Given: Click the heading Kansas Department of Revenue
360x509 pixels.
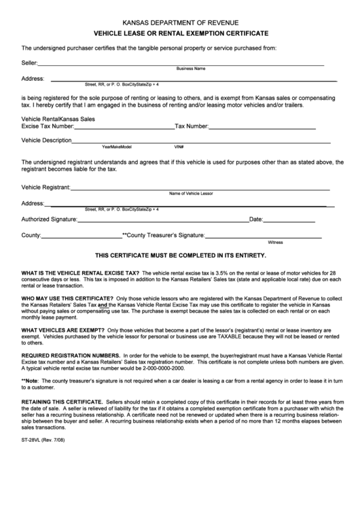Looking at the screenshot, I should pyautogui.click(x=180, y=22).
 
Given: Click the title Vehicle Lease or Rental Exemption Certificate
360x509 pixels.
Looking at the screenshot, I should pyautogui.click(x=180, y=33).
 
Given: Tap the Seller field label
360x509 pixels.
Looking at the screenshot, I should pyautogui.click(x=29, y=63).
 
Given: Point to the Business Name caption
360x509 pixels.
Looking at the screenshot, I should pyautogui.click(x=191, y=69).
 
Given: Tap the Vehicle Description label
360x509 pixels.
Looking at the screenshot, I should pyautogui.click(x=47, y=140).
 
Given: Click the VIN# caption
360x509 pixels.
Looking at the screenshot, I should pyautogui.click(x=179, y=146).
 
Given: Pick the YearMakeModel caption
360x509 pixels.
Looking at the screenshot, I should pyautogui.click(x=117, y=146).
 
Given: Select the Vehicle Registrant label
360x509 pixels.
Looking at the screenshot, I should pyautogui.click(x=46, y=186).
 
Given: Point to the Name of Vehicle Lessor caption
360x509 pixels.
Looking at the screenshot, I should pyautogui.click(x=192, y=193).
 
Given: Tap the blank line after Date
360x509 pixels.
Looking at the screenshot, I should pyautogui.click(x=289, y=221).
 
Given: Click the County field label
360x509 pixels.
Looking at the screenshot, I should pyautogui.click(x=31, y=235).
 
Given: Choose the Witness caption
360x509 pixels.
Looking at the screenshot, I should pyautogui.click(x=275, y=242).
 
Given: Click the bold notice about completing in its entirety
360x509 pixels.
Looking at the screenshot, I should pyautogui.click(x=180, y=256).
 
